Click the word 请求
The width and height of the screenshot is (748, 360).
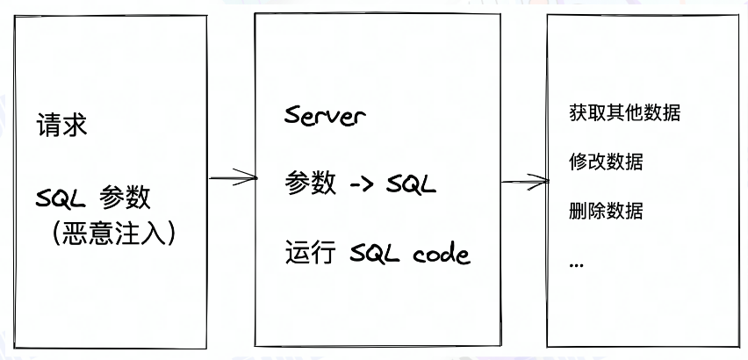pyautogui.click(x=61, y=126)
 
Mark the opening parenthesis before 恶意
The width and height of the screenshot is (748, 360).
pyautogui.click(x=54, y=232)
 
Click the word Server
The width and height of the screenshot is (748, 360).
pyautogui.click(x=325, y=115)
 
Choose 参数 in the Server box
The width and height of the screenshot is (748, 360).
pyautogui.click(x=310, y=184)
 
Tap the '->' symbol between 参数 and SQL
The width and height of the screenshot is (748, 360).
pyautogui.click(x=366, y=184)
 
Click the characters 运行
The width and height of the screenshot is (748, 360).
pyautogui.click(x=310, y=255)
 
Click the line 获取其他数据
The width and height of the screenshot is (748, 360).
pyautogui.click(x=625, y=114)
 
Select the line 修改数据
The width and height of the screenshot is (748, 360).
pyautogui.click(x=606, y=162)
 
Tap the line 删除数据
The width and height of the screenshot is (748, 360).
pyautogui.click(x=606, y=212)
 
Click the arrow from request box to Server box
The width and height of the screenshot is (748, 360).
pyautogui.click(x=233, y=179)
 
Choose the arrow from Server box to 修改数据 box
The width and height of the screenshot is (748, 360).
pyautogui.click(x=524, y=182)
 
